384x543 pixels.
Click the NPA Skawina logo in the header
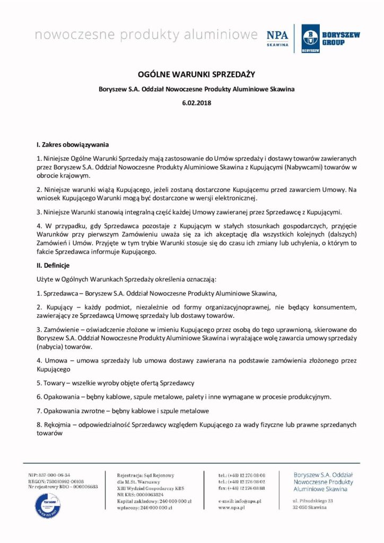[277, 38]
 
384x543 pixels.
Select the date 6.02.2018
[192, 102]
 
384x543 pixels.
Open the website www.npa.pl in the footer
[231, 507]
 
